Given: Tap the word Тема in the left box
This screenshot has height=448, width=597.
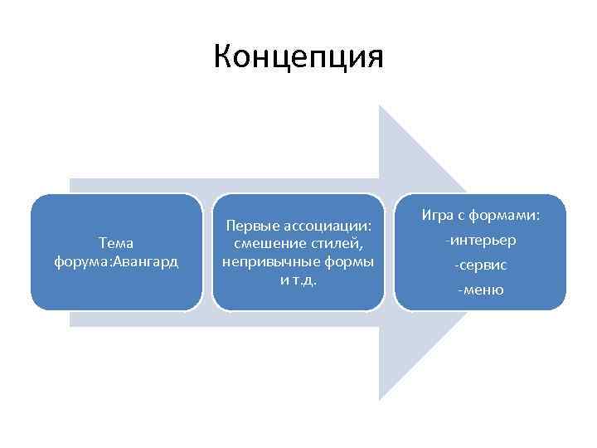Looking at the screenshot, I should tap(116, 242).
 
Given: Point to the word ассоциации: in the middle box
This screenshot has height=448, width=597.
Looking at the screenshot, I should tap(328, 226).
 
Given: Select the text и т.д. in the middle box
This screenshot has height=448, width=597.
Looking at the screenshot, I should tap(298, 279).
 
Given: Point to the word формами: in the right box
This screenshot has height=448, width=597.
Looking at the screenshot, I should tap(506, 216).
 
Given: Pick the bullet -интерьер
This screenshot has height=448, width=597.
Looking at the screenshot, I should tap(481, 241).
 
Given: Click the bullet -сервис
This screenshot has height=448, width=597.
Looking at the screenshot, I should tap(481, 265).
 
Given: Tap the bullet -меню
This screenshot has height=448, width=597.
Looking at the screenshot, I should tap(481, 290).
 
